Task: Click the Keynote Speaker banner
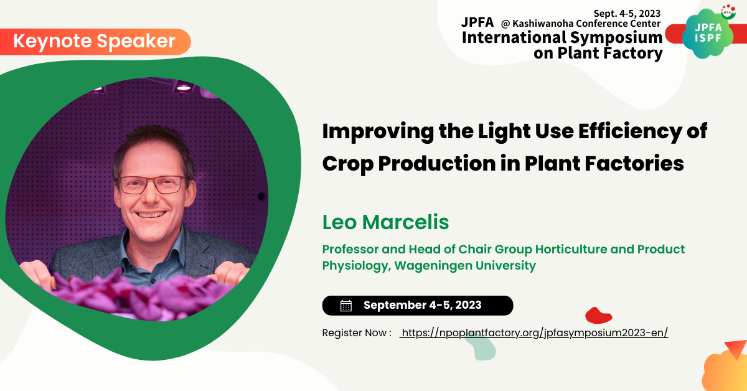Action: click(95, 42)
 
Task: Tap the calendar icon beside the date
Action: click(346, 306)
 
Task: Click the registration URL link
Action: click(534, 333)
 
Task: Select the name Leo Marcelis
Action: click(385, 222)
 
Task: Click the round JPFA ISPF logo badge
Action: click(708, 34)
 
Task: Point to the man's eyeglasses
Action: click(152, 184)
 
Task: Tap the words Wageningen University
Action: click(465, 266)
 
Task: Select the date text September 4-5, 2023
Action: click(423, 305)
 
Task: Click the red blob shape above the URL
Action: click(598, 316)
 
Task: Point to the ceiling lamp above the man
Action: click(183, 87)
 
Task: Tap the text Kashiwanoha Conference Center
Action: click(586, 24)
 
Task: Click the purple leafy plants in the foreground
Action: click(140, 294)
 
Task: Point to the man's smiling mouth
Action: click(151, 214)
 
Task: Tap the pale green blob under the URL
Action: click(481, 347)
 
